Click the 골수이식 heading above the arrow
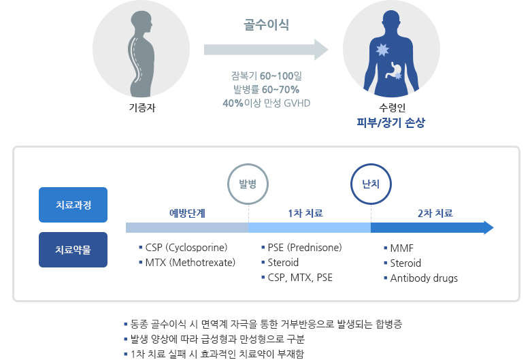pyautogui.click(x=266, y=26)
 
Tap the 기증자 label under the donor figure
pyautogui.click(x=142, y=108)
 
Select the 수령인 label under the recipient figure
pyautogui.click(x=391, y=108)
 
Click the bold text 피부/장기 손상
pyautogui.click(x=391, y=123)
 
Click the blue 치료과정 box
pyautogui.click(x=73, y=205)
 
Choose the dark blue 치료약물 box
pyautogui.click(x=73, y=249)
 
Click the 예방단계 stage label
pyautogui.click(x=187, y=213)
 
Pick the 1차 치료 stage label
pyautogui.click(x=310, y=213)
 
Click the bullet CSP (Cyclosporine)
pyautogui.click(x=186, y=247)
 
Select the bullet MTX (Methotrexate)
pyautogui.click(x=190, y=262)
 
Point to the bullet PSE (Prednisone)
pyautogui.click(x=304, y=247)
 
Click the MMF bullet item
pyautogui.click(x=403, y=248)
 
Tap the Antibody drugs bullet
pyautogui.click(x=423, y=278)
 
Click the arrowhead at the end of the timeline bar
pyautogui.click(x=488, y=227)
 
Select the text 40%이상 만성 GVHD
pyautogui.click(x=266, y=103)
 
